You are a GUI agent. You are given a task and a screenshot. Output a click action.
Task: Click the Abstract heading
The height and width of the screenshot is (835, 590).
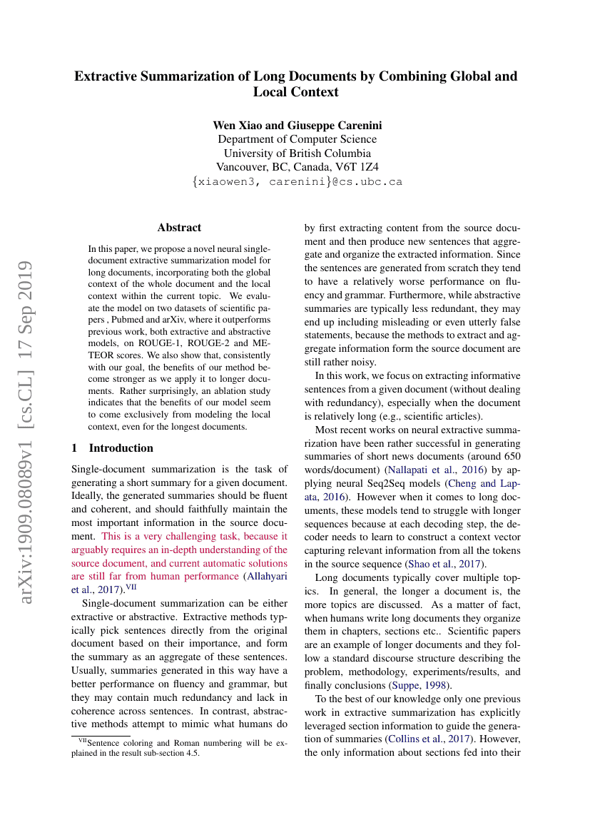(x=179, y=228)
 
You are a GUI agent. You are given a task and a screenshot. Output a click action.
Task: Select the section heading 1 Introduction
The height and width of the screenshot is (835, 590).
(x=113, y=448)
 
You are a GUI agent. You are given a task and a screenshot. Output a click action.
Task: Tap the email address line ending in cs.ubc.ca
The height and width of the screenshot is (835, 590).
(x=297, y=181)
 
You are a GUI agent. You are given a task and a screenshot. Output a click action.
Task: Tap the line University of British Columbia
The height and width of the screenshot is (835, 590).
(x=297, y=153)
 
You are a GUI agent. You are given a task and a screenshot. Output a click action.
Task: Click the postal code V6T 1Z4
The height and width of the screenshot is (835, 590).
(x=359, y=167)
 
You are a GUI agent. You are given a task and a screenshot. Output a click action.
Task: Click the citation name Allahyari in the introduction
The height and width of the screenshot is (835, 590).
(x=266, y=577)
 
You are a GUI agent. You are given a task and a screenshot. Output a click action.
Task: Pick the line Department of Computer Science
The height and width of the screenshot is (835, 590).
(x=297, y=139)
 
